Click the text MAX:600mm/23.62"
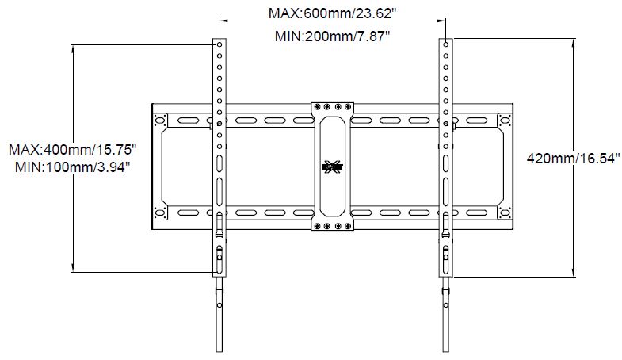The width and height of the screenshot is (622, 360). (333, 13)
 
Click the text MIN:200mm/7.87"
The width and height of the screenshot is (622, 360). (333, 36)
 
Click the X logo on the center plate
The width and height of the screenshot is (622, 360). (332, 167)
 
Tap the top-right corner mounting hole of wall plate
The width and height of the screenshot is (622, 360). (504, 121)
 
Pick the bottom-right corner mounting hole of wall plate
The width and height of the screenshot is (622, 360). (504, 213)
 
